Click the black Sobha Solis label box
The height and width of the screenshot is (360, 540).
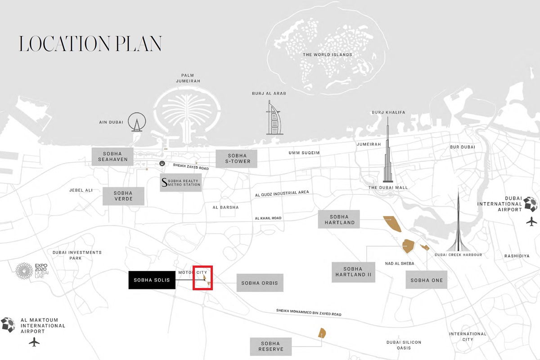(x=152, y=280)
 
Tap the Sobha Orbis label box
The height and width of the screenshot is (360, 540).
(x=260, y=283)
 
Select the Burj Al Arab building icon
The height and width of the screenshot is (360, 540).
(x=274, y=118)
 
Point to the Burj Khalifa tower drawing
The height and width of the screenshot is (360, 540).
(x=388, y=153)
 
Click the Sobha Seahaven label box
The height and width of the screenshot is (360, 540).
(x=112, y=156)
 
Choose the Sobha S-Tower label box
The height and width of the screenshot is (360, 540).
(x=236, y=158)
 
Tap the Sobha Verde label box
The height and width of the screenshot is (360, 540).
(x=123, y=196)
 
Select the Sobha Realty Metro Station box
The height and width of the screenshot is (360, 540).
(x=180, y=182)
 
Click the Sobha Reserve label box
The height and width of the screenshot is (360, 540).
(x=271, y=346)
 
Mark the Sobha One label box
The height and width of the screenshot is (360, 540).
(x=427, y=280)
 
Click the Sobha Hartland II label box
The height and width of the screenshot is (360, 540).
(x=353, y=272)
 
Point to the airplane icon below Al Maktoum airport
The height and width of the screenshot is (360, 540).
(x=34, y=342)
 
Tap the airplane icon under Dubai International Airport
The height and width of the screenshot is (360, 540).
(x=531, y=221)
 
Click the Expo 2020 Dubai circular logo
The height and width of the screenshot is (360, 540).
(x=24, y=271)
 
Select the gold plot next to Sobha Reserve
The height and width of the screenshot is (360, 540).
(x=322, y=333)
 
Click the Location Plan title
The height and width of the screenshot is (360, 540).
(x=90, y=44)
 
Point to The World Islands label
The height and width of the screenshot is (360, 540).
(x=327, y=55)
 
